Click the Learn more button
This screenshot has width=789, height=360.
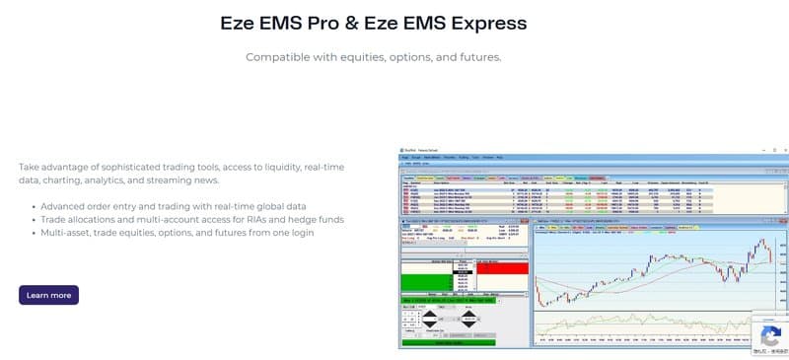click(x=48, y=295)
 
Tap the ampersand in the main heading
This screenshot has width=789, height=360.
click(x=350, y=23)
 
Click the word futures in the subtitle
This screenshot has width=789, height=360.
click(x=476, y=57)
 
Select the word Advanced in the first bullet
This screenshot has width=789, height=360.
click(x=65, y=205)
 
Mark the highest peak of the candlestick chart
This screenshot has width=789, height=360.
click(x=759, y=241)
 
